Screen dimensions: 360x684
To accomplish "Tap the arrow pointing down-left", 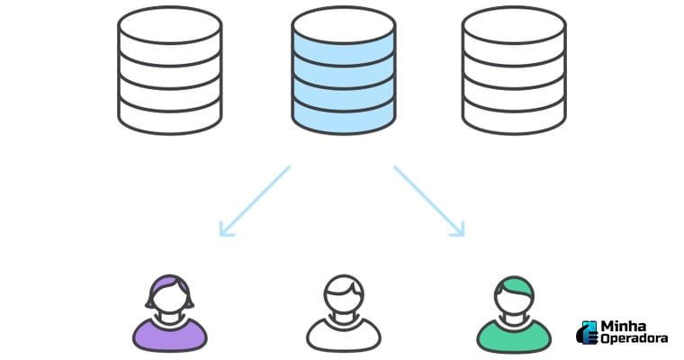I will pos(255,201).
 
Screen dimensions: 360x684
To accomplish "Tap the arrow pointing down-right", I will pos(428,201).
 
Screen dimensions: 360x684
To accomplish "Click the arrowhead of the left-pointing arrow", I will pos(225,230).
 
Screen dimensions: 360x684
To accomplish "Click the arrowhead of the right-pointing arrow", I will pos(458,230).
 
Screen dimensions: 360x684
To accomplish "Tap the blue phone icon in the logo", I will pos(587,331).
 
